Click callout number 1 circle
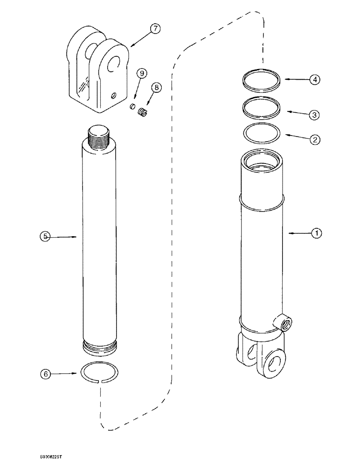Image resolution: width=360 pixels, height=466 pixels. pos(316,233)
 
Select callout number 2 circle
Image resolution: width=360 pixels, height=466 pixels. pos(316,139)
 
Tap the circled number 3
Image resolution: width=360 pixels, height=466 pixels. pos(316,114)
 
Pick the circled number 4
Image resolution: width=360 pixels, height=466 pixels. pos(316,80)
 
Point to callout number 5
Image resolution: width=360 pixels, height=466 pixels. pos(45,237)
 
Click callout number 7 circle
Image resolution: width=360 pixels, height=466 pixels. pos(155,29)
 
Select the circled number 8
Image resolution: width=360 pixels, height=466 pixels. pos(156,87)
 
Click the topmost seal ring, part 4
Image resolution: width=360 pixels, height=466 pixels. pos(262,80)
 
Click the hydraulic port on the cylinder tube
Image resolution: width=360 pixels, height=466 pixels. pos(284,321)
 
